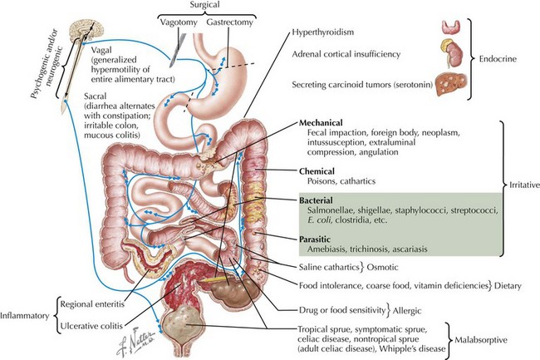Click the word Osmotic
[399, 267]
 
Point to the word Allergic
[420, 310]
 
